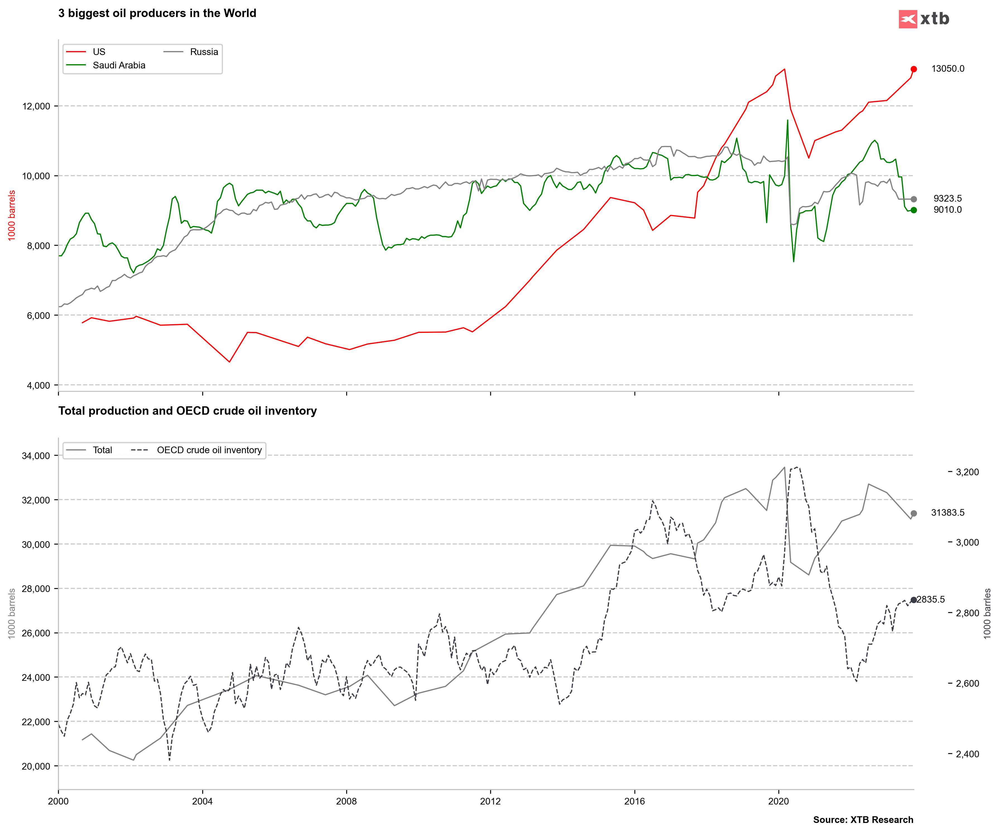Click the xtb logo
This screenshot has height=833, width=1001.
923,19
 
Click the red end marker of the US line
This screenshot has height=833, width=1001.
913,69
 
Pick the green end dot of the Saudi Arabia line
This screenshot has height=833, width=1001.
913,210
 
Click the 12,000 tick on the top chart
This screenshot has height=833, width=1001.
36,106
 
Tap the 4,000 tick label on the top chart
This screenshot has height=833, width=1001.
38,385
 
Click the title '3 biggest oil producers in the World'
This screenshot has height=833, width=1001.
157,13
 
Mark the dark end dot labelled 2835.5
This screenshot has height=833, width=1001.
913,600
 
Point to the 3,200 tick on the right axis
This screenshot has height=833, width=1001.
967,472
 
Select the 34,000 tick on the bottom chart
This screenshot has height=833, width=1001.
36,456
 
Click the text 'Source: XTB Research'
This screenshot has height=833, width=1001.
863,820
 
